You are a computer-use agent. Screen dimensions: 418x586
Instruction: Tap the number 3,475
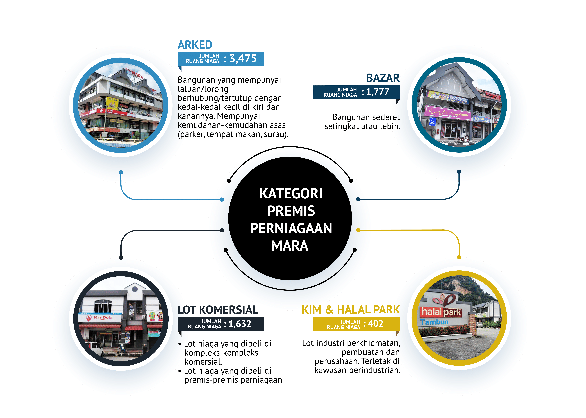pyautogui.click(x=243, y=59)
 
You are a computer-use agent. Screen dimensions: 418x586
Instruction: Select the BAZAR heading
pyautogui.click(x=383, y=78)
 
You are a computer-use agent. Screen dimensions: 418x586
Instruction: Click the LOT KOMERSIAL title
pyautogui.click(x=218, y=310)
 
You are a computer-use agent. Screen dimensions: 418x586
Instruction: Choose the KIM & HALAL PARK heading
pyautogui.click(x=351, y=310)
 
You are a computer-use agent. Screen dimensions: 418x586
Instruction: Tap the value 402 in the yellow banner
pyautogui.click(x=376, y=324)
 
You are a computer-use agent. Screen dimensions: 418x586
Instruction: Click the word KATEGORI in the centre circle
pyautogui.click(x=291, y=194)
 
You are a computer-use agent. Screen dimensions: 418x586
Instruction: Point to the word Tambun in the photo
pyautogui.click(x=434, y=322)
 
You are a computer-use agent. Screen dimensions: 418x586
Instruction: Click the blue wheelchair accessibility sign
pyautogui.click(x=432, y=121)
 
